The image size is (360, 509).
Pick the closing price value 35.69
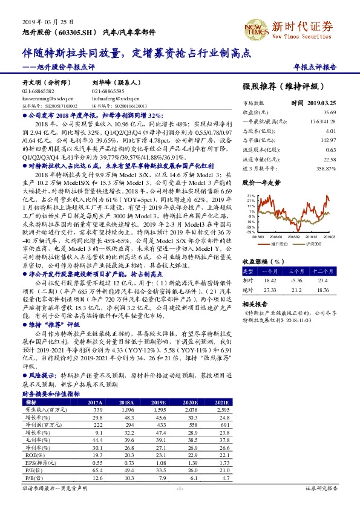(x=346, y=112)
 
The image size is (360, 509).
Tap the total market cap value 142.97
(x=345, y=139)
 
